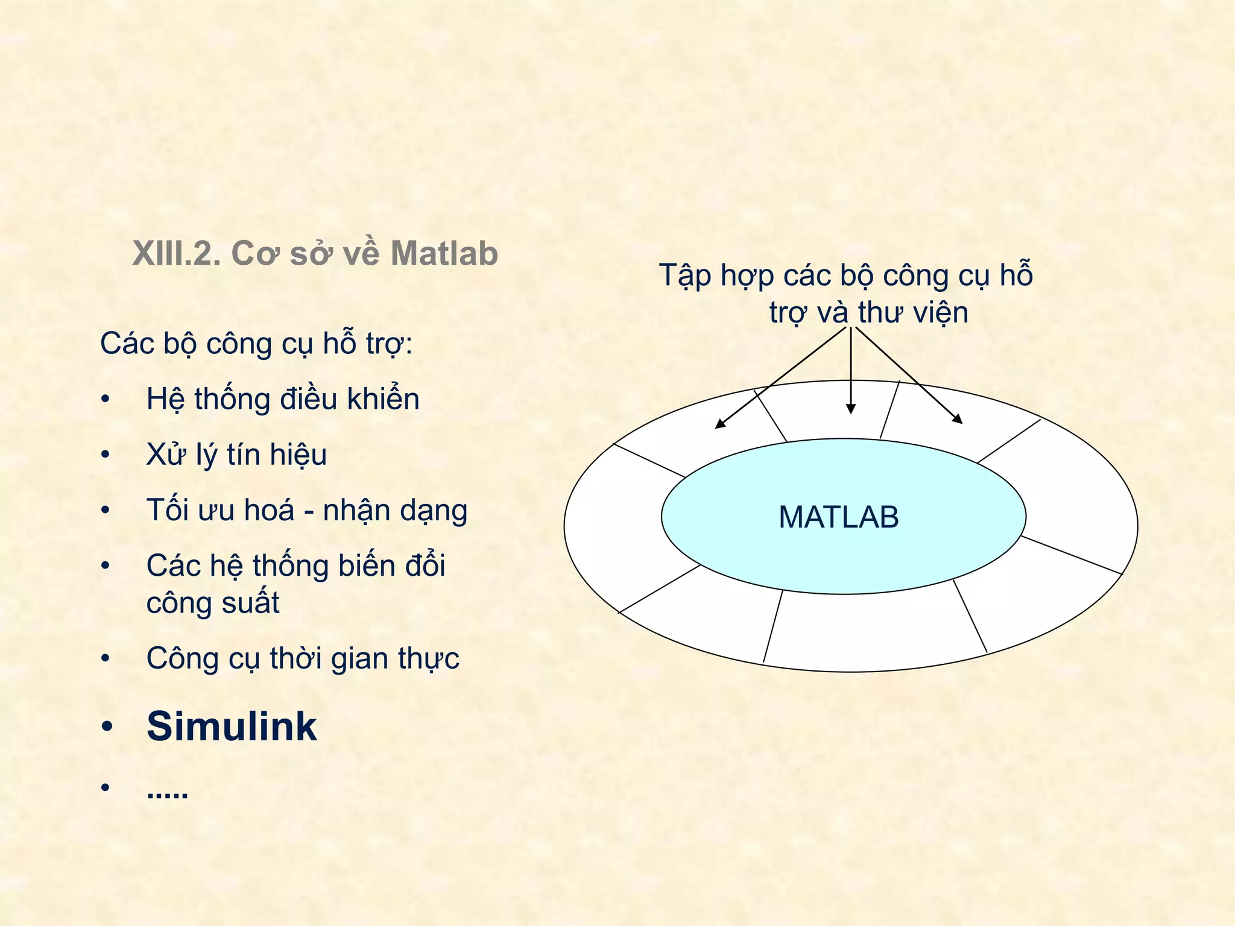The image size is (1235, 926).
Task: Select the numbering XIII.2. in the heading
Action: [176, 253]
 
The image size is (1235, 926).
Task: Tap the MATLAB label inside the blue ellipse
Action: [838, 517]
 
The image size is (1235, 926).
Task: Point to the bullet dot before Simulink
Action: [107, 727]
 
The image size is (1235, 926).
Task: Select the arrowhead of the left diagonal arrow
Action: [719, 424]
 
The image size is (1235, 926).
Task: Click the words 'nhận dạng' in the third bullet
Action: [395, 511]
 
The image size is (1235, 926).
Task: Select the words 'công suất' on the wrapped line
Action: [213, 603]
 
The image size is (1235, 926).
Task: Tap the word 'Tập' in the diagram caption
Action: [685, 276]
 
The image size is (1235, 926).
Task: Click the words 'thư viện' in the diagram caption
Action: [913, 313]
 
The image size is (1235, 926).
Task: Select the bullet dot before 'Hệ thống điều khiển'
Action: [106, 400]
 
